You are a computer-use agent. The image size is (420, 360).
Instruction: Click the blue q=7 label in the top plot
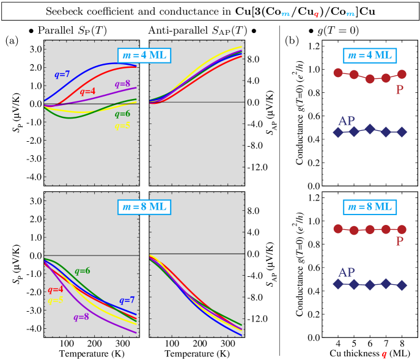(62, 75)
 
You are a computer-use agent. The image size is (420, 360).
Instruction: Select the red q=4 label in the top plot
(87, 92)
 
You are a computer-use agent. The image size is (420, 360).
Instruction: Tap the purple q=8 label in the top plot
(122, 84)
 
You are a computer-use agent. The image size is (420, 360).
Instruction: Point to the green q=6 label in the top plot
(122, 114)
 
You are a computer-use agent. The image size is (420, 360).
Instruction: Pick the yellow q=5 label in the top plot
(122, 126)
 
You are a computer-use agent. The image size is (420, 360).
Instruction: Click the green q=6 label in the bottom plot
(83, 271)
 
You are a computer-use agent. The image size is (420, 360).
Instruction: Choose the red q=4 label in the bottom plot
(56, 290)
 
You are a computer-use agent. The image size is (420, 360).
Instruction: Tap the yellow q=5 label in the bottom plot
(56, 301)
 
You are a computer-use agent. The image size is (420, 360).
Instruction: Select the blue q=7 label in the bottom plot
(127, 301)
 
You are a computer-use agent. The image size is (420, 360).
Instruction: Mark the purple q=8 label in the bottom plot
(81, 317)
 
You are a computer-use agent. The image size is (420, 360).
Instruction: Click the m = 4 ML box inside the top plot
(144, 56)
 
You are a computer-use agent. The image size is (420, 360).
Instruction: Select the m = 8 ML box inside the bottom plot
(144, 207)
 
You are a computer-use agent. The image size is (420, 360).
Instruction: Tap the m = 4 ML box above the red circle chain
(370, 56)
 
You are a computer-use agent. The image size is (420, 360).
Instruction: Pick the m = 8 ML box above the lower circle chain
(370, 207)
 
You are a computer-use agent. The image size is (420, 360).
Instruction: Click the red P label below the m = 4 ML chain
(399, 90)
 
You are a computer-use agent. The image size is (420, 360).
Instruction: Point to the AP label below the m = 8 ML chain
(347, 273)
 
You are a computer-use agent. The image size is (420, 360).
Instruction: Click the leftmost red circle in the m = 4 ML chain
(338, 73)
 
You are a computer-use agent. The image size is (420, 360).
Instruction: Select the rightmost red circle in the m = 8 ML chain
(402, 230)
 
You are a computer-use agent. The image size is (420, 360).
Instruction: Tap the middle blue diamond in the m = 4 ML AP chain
(370, 129)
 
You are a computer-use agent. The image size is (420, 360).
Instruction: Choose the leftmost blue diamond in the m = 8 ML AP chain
(338, 284)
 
